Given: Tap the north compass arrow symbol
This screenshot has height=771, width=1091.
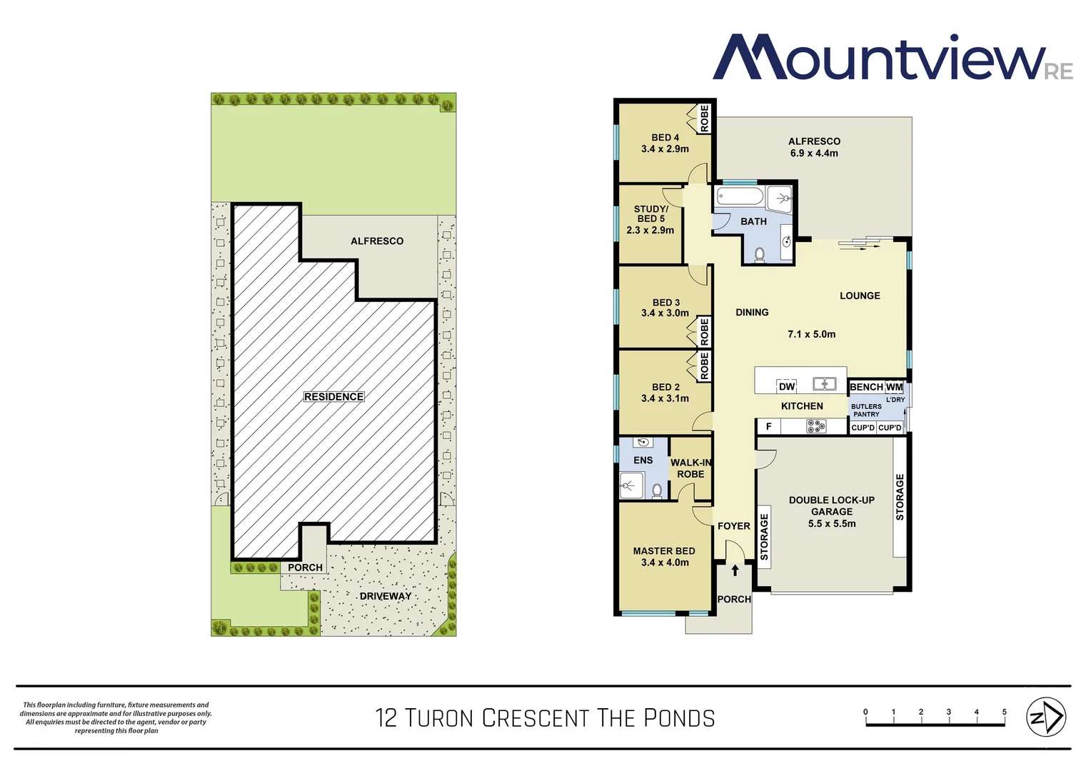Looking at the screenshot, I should (x=1045, y=717).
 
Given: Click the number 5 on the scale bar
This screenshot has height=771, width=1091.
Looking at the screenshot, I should (x=1004, y=712).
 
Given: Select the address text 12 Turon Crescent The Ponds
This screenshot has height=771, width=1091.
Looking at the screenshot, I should (x=545, y=718).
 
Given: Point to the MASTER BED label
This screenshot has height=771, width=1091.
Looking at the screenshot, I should (x=664, y=551).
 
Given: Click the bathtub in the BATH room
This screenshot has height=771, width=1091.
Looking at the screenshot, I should (x=740, y=196).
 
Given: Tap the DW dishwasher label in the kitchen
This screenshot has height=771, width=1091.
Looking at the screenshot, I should (x=787, y=386).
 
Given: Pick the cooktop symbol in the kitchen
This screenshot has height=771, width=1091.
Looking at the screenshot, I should (x=816, y=427).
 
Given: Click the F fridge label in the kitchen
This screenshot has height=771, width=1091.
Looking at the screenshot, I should (x=768, y=426).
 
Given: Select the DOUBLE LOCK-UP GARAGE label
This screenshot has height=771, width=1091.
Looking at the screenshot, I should (x=832, y=505).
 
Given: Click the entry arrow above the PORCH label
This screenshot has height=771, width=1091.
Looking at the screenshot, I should (x=735, y=570).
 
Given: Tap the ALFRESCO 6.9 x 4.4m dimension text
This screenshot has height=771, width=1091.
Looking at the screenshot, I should (x=814, y=153).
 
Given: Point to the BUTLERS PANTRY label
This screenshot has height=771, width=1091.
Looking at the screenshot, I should (x=866, y=410).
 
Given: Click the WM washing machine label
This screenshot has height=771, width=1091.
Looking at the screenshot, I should (x=894, y=387).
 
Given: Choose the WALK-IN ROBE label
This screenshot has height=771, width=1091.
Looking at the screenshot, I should (x=690, y=468).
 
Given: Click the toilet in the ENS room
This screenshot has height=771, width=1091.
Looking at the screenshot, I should (x=657, y=490).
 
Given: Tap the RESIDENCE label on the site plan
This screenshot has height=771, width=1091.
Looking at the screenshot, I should (x=333, y=397).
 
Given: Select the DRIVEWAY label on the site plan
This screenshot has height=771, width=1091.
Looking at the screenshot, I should (x=386, y=596).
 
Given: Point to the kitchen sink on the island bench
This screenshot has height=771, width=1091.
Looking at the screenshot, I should (x=825, y=384).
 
